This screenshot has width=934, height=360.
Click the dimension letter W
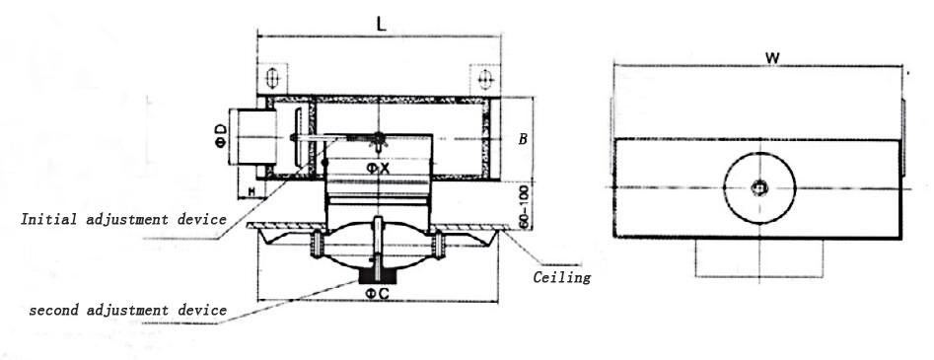coord(772,58)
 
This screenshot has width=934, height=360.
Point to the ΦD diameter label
coord(221,136)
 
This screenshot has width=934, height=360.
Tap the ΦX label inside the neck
coord(378,169)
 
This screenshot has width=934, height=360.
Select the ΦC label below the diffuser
coord(378,293)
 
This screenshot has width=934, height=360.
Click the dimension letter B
coord(523,139)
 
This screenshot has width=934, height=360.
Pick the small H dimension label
coord(251,191)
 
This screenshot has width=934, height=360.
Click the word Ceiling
coord(562,277)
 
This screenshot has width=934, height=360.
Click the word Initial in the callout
coord(50,219)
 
